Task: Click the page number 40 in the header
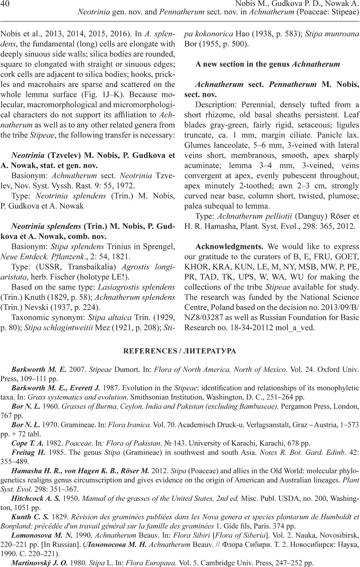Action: [6, 4]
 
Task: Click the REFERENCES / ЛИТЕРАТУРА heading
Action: [180, 351]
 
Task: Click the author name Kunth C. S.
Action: [30, 517]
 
